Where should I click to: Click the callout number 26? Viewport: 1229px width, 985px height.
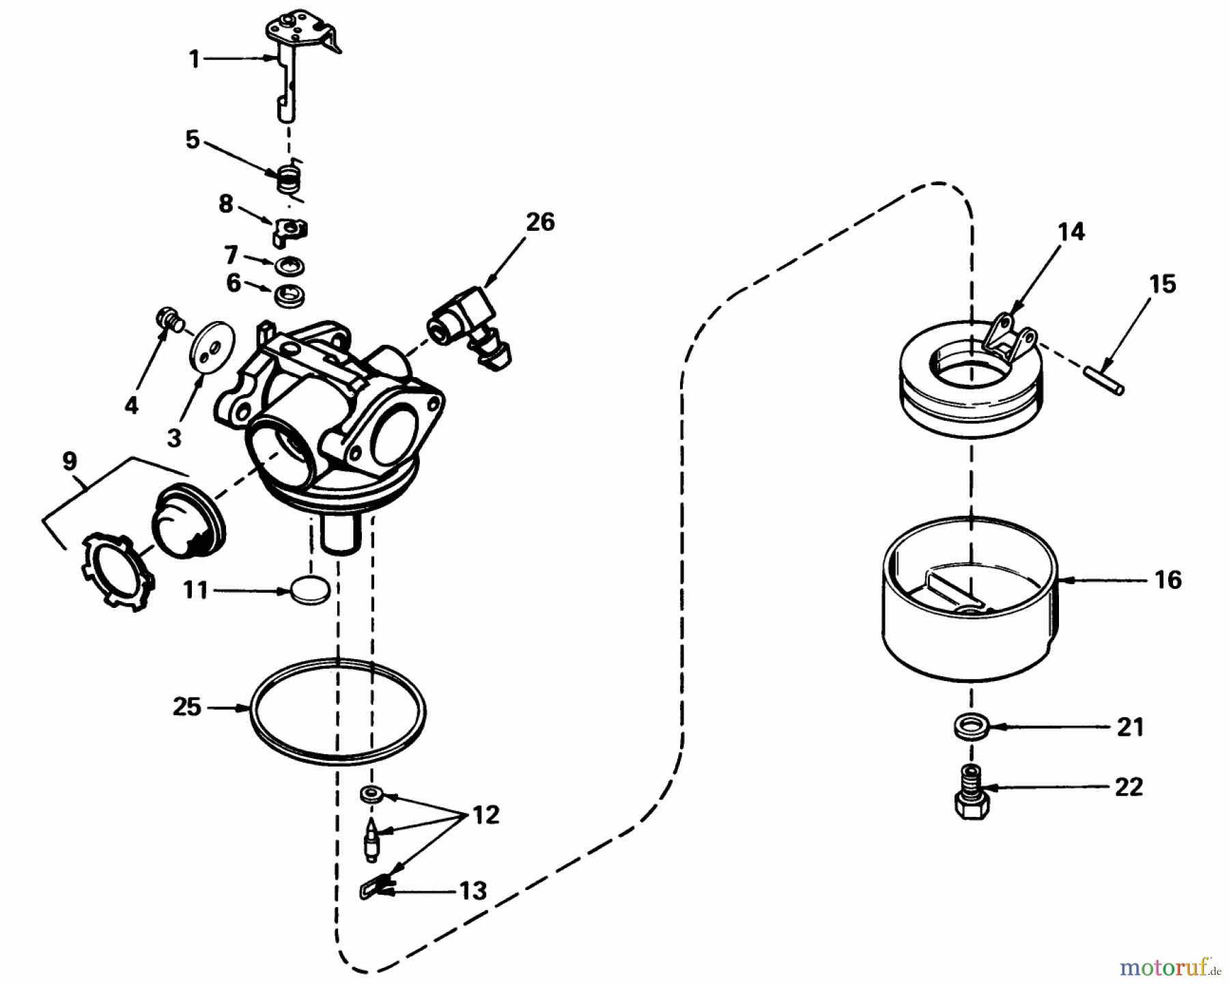coord(540,222)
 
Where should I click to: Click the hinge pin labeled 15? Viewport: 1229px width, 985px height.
coord(1103,380)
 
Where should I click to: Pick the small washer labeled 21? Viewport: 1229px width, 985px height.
coord(970,726)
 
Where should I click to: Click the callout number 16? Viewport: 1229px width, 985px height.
coord(1168,580)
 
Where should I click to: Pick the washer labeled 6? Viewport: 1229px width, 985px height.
coord(289,296)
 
